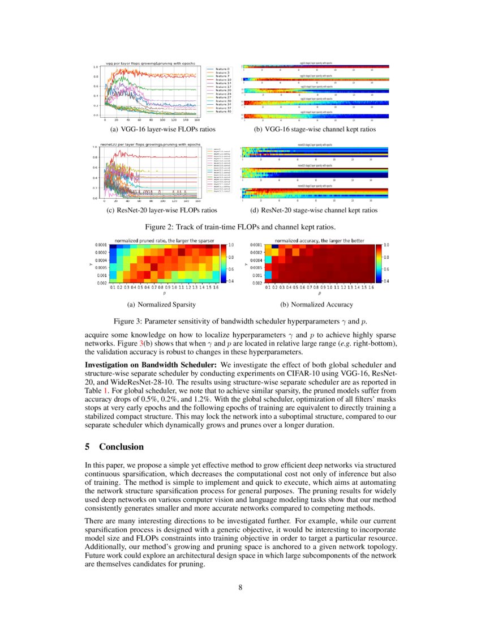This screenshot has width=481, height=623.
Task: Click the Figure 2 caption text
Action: point(240,227)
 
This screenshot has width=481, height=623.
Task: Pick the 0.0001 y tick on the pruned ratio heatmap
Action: point(102,245)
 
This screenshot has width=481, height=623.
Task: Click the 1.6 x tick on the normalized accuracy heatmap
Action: point(375,287)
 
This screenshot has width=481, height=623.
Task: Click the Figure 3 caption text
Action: point(240,321)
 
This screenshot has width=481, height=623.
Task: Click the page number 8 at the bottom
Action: point(240,587)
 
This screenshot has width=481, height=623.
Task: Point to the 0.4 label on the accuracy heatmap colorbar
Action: point(386,281)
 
